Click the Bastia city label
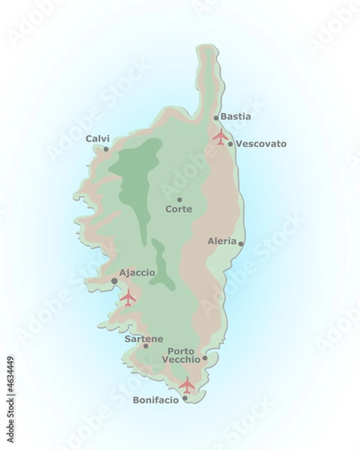click(236, 117)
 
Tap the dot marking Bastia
click(217, 118)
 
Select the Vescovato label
click(261, 143)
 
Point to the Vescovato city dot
click(230, 144)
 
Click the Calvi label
click(97, 138)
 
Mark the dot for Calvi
click(106, 148)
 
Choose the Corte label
click(179, 210)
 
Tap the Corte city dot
click(179, 199)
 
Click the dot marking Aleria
click(240, 243)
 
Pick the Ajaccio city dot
click(114, 280)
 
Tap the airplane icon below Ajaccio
click(127, 298)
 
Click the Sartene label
click(145, 338)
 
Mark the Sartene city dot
click(145, 346)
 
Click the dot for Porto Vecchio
click(205, 358)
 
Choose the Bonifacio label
click(156, 400)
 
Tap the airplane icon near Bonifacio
click(187, 385)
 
